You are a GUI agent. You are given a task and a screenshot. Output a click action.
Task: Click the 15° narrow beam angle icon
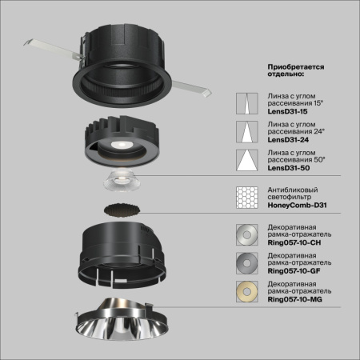[246, 104]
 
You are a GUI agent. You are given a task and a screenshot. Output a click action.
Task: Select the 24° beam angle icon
[246, 130]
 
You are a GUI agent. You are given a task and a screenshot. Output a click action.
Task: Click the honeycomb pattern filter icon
[246, 196]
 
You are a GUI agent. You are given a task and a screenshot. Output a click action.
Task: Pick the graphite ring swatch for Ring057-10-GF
[246, 262]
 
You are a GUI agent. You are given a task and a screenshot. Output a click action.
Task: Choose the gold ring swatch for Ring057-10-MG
[246, 289]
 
